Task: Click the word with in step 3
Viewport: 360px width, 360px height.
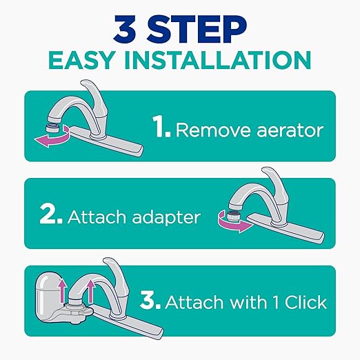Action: [243, 301]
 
